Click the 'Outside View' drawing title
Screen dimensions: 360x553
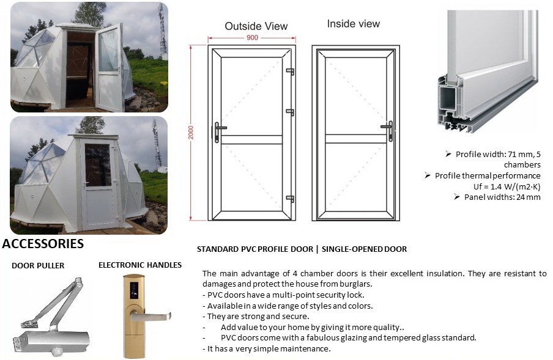click(x=256, y=26)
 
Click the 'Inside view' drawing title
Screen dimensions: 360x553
click(x=353, y=24)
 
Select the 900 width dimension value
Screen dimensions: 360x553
click(x=252, y=38)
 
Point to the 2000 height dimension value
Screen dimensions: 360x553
click(x=191, y=133)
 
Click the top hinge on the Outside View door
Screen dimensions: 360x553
click(x=290, y=72)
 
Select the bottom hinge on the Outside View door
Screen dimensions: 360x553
click(x=290, y=199)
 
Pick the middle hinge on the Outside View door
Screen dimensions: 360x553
click(x=290, y=112)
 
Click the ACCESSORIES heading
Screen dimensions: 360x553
click(x=43, y=244)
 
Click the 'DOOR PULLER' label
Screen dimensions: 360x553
click(x=38, y=265)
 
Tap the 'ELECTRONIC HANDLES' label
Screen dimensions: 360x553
click(x=140, y=265)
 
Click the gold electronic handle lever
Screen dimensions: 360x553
click(x=151, y=317)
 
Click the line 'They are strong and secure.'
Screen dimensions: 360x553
click(x=258, y=316)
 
